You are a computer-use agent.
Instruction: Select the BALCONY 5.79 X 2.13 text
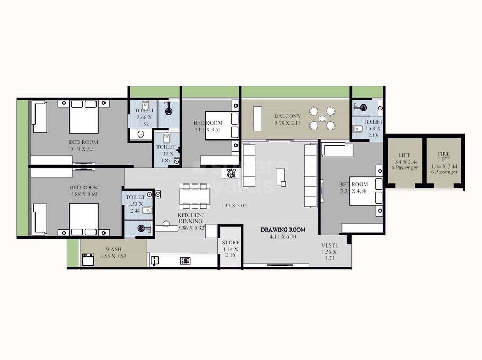point(287,119)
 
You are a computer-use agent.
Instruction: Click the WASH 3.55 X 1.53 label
point(114,253)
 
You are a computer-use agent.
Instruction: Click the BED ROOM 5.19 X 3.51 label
point(84,145)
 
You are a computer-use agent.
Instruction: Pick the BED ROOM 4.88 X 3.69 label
point(84,191)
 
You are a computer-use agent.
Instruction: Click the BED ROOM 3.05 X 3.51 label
point(208,126)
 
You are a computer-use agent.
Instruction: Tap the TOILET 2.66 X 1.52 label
point(143,117)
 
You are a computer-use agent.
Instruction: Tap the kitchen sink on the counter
point(155,260)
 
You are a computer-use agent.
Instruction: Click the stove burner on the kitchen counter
point(186,260)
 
